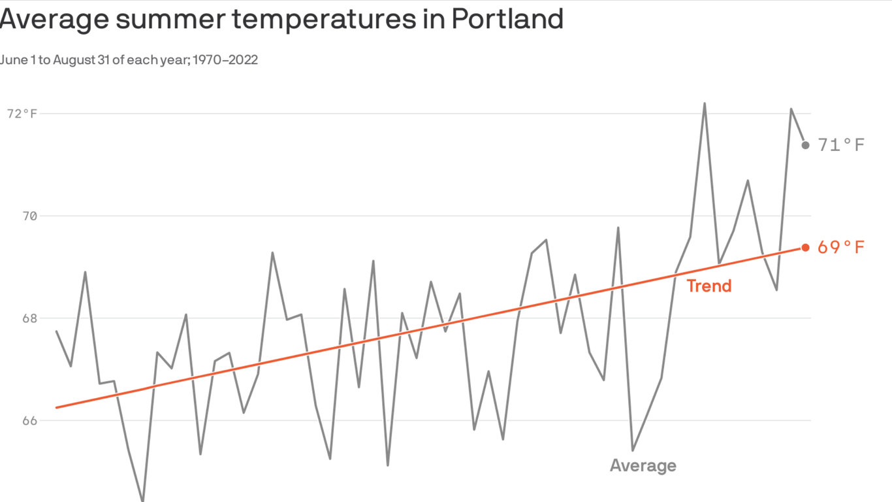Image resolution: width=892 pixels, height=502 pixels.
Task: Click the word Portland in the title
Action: [x=507, y=20]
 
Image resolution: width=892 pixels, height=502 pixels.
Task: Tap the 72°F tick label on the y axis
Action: [x=22, y=114]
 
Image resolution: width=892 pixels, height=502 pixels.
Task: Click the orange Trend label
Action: [x=709, y=286]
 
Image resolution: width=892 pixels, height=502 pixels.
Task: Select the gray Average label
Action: [x=643, y=465]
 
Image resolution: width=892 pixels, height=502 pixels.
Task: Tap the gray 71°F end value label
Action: [x=841, y=144]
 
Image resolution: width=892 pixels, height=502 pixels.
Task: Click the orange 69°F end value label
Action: [x=841, y=248]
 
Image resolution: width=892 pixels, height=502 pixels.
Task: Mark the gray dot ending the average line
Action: [x=806, y=145]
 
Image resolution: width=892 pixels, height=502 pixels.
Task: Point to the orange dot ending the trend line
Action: [x=806, y=248]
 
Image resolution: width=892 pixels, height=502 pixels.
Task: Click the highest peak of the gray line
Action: [x=705, y=103]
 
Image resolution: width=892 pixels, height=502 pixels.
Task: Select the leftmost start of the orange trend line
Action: [x=57, y=407]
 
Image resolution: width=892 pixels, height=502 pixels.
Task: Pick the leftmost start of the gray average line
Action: [x=57, y=331]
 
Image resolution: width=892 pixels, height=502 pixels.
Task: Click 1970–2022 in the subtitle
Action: [x=225, y=60]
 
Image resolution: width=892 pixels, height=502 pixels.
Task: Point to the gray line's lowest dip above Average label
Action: [x=632, y=450]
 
